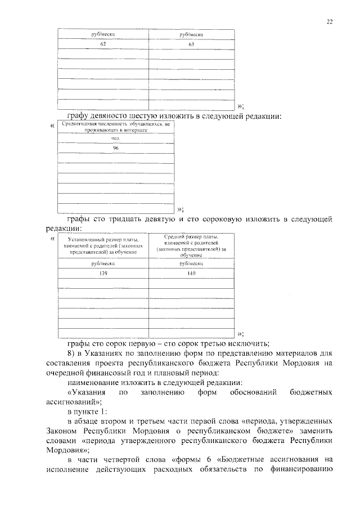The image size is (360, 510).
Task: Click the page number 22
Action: click(x=330, y=22)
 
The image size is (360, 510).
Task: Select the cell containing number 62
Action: click(x=103, y=44)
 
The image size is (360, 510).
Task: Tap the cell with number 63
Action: click(x=191, y=44)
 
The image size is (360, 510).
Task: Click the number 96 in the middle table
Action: click(x=116, y=148)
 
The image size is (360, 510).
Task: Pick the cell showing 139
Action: click(x=103, y=273)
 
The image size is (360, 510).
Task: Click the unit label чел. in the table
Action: click(x=116, y=138)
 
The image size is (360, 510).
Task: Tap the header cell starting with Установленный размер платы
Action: click(x=103, y=247)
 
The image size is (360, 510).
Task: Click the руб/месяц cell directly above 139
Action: click(x=103, y=263)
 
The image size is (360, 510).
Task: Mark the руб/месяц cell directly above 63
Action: click(x=191, y=34)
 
